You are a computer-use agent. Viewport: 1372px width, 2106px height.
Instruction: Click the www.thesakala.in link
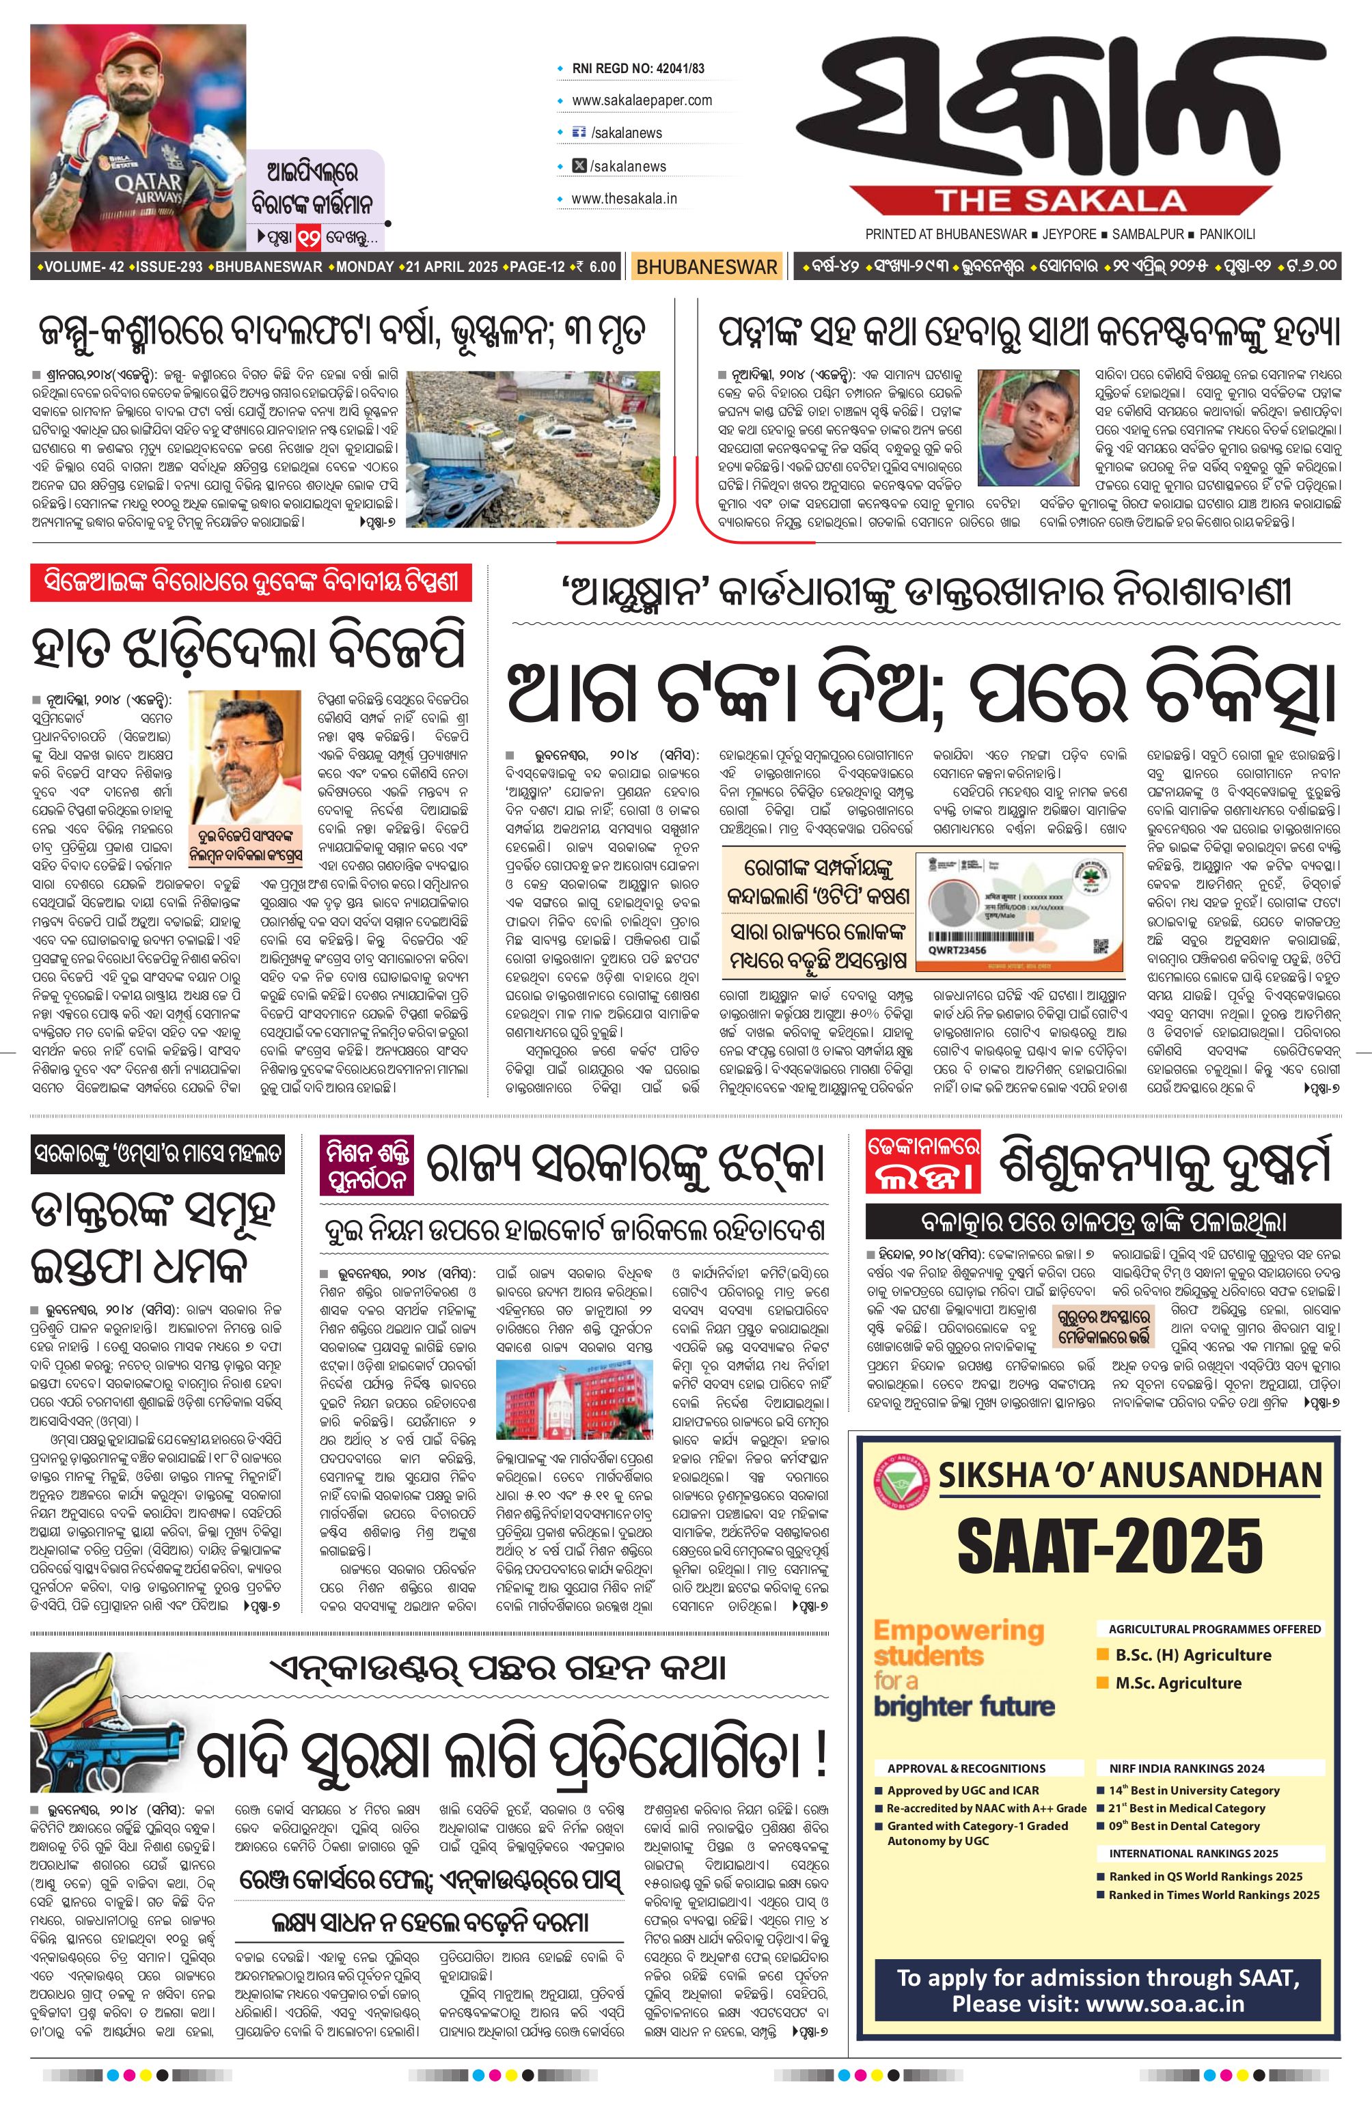click(x=624, y=198)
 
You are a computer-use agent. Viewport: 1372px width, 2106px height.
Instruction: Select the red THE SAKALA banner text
click(x=1060, y=200)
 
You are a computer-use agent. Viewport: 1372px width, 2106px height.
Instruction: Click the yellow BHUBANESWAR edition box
click(x=706, y=266)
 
